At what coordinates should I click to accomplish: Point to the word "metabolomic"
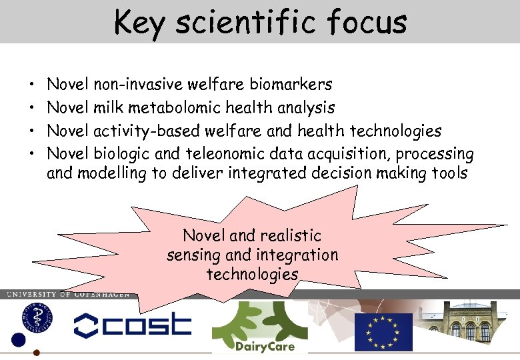click(175, 107)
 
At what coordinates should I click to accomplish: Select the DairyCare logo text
click(265, 346)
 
